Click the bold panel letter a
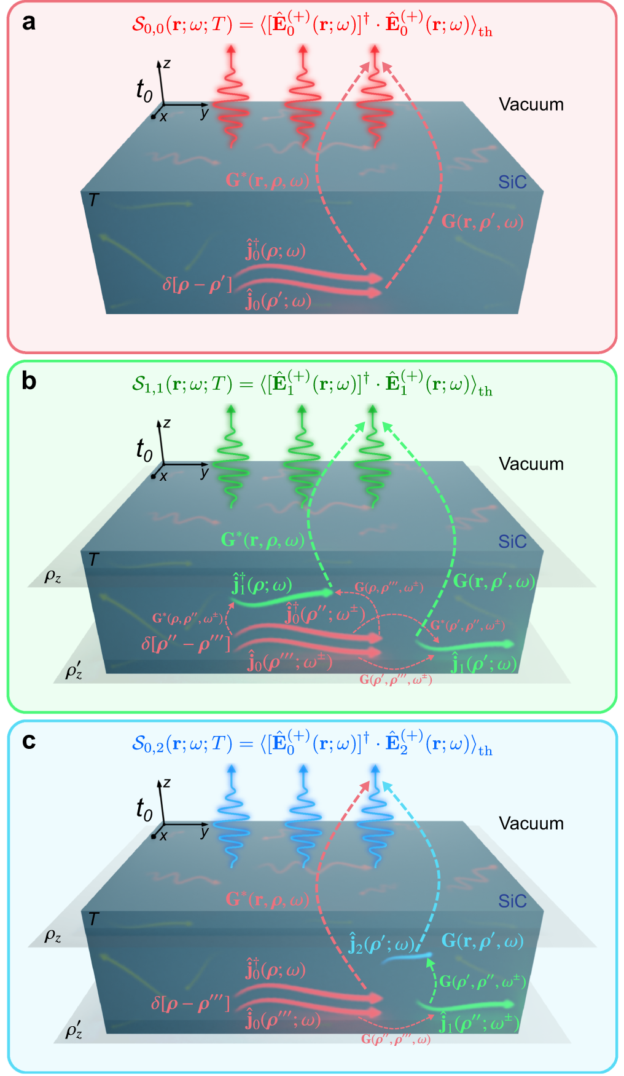(28, 23)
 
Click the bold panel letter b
(28, 382)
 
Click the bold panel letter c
(28, 742)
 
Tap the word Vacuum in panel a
(531, 105)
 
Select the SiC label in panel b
(512, 542)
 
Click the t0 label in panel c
(144, 810)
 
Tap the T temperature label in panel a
(93, 200)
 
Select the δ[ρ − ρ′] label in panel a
(197, 284)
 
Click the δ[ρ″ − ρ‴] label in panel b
(185, 644)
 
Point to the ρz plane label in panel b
(53, 577)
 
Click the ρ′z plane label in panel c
(74, 1031)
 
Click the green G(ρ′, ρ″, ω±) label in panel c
(482, 981)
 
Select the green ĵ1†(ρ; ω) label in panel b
(262, 585)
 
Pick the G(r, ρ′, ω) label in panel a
(482, 222)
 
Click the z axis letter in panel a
(167, 63)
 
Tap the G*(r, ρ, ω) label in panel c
(268, 900)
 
